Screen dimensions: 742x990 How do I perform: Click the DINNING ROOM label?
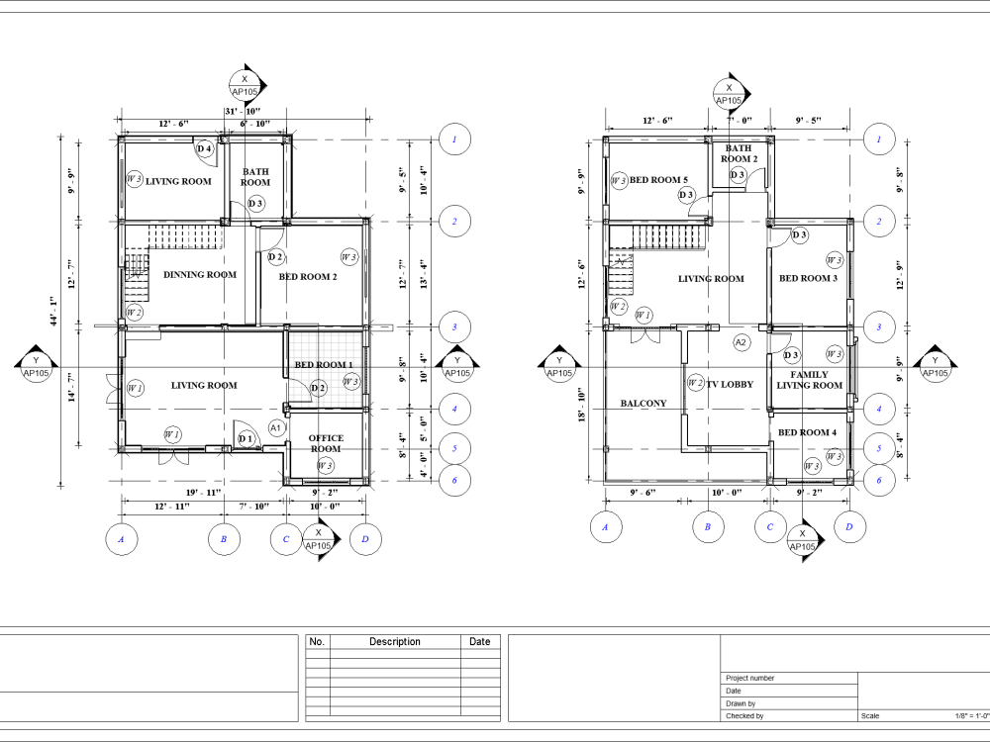point(200,275)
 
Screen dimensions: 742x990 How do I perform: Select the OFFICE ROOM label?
point(326,443)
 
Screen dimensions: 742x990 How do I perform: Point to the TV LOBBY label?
point(730,384)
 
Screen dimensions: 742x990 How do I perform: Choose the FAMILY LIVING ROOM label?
point(809,380)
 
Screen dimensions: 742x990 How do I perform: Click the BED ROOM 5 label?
point(658,180)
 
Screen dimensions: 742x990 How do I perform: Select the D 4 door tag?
point(205,149)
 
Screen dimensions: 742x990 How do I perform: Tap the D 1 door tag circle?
point(246,439)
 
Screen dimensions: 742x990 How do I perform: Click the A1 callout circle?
point(277,427)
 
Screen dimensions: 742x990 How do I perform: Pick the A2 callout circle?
point(741,342)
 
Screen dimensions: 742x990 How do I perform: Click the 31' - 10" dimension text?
point(243,111)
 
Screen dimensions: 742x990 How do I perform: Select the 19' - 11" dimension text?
point(203,492)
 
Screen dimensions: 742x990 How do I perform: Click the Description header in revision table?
point(394,642)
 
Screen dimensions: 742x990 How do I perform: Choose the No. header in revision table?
point(317,642)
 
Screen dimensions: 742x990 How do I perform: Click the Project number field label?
point(749,679)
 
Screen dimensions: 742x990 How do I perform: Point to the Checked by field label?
point(744,715)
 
